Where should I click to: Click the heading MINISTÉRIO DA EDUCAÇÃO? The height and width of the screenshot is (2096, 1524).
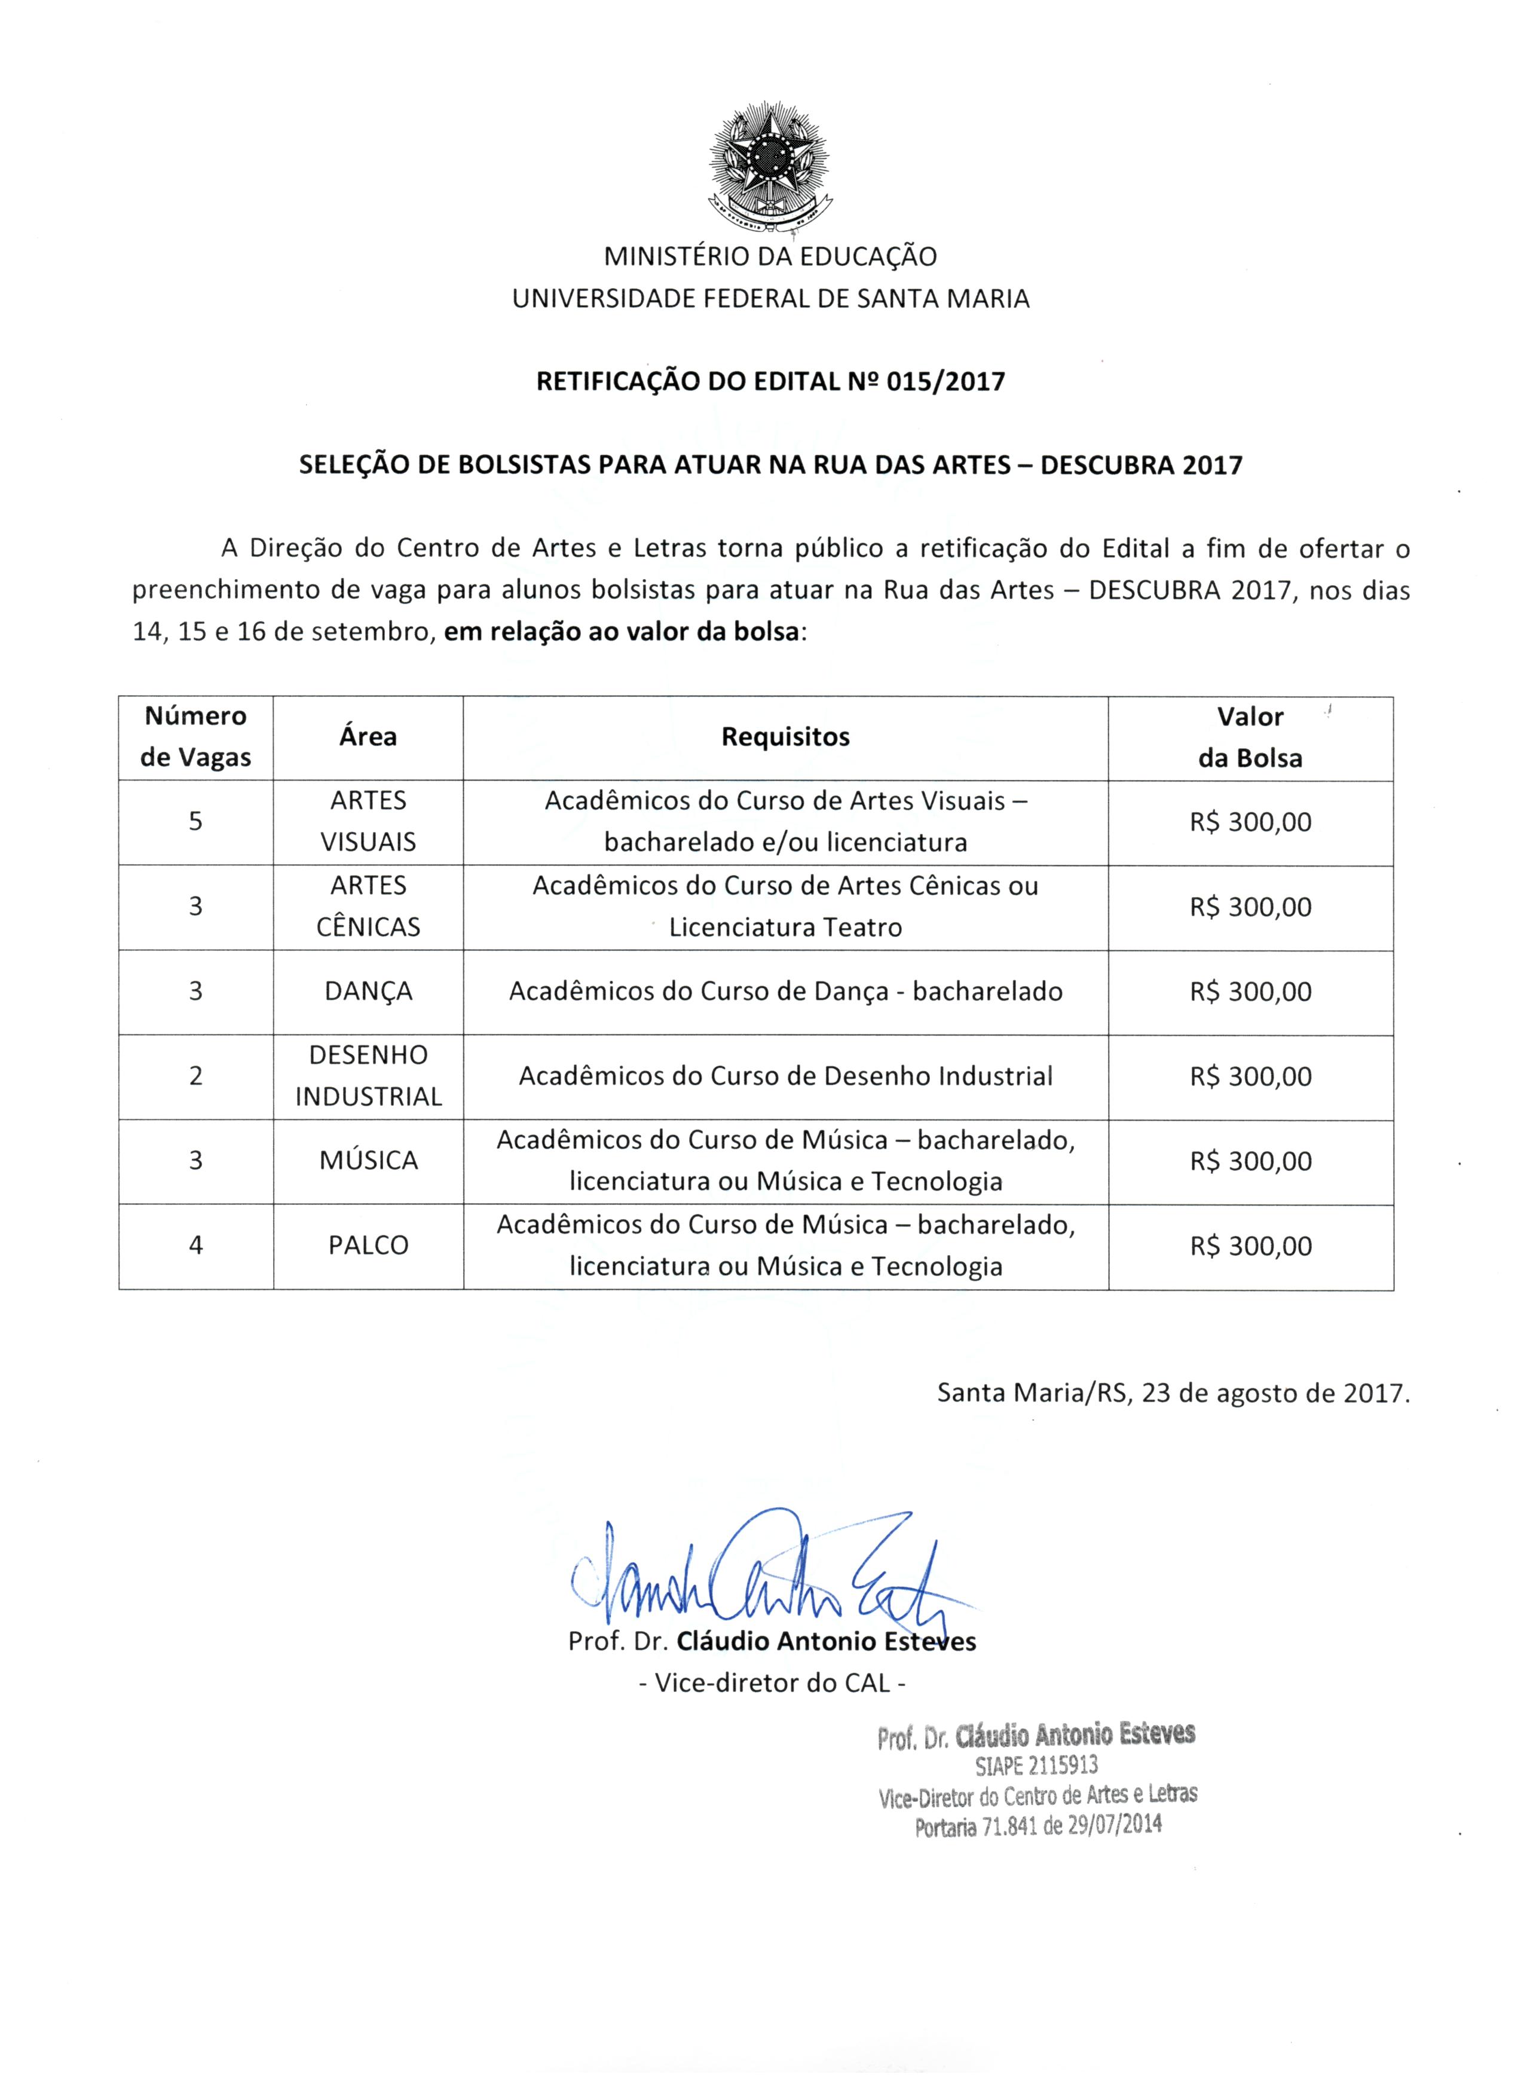(770, 256)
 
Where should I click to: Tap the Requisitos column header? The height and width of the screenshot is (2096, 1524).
(785, 738)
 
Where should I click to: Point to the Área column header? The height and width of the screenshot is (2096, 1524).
(368, 738)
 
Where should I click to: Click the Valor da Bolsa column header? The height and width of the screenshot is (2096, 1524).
(1250, 738)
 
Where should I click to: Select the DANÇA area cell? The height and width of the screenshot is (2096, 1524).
(368, 992)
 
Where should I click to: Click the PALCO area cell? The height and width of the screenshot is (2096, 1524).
(368, 1246)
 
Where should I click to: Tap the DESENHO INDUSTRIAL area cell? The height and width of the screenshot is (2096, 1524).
(368, 1076)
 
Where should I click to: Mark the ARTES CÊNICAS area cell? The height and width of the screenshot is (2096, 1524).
(368, 907)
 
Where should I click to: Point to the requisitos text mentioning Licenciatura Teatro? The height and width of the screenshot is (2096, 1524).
(785, 927)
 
